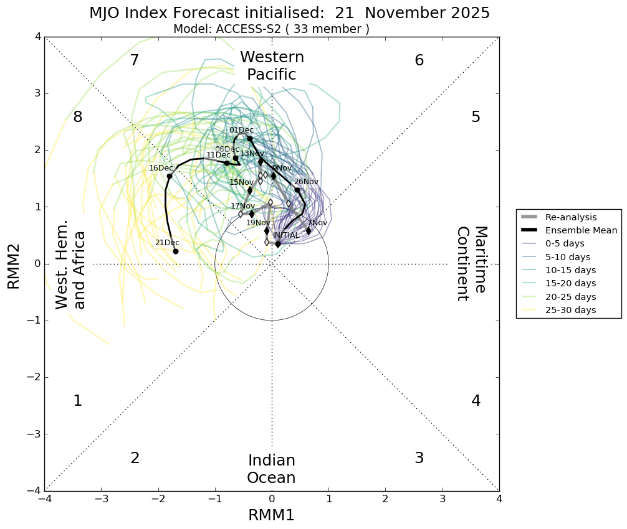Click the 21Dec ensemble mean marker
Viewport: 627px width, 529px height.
[176, 251]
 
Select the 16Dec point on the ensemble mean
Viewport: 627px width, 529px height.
[170, 176]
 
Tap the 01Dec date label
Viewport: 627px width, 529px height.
[241, 130]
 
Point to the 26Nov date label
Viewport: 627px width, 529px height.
[306, 182]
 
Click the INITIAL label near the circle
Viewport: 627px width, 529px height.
[287, 235]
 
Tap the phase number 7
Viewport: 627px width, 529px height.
[134, 60]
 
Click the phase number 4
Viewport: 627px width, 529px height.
[476, 401]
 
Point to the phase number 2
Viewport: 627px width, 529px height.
[135, 458]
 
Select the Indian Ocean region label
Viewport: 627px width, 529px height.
[271, 469]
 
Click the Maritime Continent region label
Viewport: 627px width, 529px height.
[471, 263]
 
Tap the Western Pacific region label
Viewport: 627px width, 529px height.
[272, 66]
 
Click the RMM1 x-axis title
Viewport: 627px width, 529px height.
[271, 515]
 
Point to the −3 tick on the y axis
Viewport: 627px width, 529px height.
[35, 434]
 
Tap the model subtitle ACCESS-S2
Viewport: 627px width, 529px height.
[271, 29]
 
